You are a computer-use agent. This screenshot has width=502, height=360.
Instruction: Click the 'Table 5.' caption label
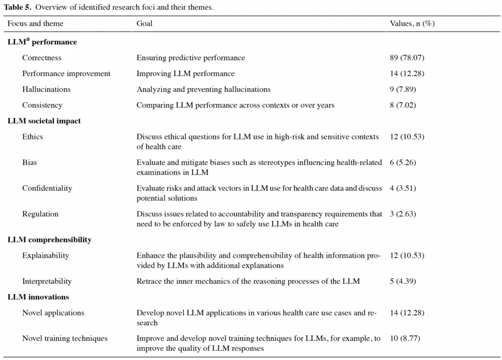(18, 7)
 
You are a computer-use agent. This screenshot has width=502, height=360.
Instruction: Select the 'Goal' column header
(144, 24)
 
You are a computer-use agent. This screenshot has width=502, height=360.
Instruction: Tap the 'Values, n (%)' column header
(412, 24)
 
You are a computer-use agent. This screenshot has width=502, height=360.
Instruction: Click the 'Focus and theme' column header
(35, 24)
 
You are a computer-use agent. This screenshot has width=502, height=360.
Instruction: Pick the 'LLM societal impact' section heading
(44, 121)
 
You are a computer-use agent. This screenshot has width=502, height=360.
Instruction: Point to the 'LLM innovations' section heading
(38, 297)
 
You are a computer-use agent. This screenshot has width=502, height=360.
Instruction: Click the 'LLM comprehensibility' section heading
(50, 240)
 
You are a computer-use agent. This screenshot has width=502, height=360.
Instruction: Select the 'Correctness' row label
(42, 57)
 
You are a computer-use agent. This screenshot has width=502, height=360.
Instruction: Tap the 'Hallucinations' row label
(47, 89)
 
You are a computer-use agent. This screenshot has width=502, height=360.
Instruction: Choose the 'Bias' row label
(29, 163)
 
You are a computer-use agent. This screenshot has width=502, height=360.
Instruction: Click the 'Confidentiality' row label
(47, 188)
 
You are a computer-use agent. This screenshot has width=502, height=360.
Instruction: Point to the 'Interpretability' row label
(47, 281)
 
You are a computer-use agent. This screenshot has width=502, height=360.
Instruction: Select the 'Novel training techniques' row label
(65, 338)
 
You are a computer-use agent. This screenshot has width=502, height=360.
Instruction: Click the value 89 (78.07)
(407, 57)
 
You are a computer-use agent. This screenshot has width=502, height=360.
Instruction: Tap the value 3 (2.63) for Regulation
(403, 214)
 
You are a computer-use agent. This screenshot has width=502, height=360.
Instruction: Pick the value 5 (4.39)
(403, 281)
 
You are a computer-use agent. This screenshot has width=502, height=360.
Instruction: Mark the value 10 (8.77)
(405, 338)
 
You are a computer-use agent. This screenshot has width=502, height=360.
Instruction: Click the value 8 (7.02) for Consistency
(403, 105)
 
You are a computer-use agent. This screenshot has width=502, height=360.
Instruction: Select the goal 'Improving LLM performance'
(186, 74)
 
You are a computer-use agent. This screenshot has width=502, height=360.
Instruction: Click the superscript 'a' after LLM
(28, 39)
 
